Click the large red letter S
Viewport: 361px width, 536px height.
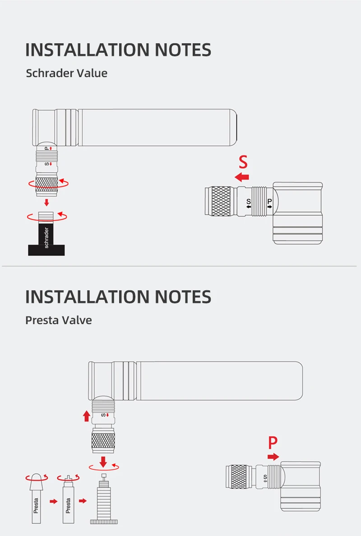pyautogui.click(x=243, y=162)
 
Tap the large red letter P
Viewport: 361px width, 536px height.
pyautogui.click(x=273, y=443)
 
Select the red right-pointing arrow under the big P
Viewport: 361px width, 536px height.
pyautogui.click(x=273, y=457)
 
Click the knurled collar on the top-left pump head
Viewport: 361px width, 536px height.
pyautogui.click(x=47, y=185)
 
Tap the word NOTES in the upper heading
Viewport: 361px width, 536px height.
pyautogui.click(x=183, y=50)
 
